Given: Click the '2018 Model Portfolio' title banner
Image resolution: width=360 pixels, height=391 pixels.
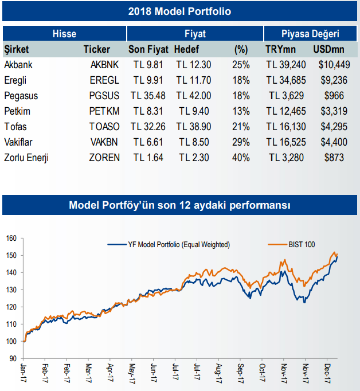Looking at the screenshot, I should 180,11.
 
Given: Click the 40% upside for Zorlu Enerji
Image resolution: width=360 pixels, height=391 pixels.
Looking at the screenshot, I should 241,157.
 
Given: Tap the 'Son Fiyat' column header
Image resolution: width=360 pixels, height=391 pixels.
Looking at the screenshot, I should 148,49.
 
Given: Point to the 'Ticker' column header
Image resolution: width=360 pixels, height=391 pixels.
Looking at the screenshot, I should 96,49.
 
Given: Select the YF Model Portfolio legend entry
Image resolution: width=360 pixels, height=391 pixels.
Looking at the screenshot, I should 169,245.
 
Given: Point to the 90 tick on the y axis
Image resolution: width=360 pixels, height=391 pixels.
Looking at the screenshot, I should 11,359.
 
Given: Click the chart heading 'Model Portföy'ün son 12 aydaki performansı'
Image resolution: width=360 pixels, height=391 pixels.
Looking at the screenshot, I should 180,205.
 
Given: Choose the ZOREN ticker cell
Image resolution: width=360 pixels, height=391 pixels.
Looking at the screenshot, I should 105,157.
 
